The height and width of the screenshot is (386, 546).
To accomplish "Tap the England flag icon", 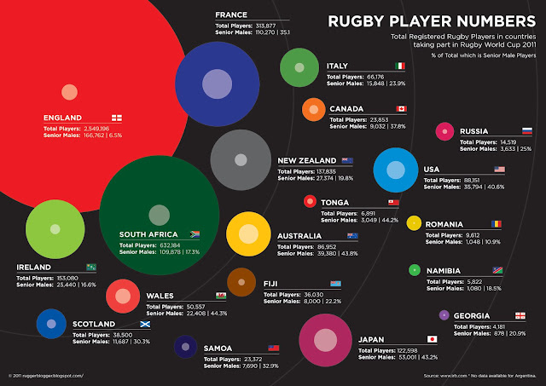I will click(117, 117).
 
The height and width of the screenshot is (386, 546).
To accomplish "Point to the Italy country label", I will click(336, 66).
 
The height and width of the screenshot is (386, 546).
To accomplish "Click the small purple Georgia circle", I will click(444, 315).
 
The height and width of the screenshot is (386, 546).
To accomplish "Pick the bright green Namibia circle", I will click(414, 270).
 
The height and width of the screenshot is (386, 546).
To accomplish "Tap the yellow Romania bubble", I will click(414, 223).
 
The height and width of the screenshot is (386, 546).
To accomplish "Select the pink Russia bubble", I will click(444, 131).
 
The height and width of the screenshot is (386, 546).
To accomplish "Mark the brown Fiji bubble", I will click(242, 282).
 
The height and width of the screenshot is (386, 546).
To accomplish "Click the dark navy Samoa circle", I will click(185, 346).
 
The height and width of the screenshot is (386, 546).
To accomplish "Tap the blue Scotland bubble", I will click(51, 324).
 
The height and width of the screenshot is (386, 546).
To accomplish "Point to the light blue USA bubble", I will click(395, 169).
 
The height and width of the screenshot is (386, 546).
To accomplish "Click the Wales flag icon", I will click(221, 296).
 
